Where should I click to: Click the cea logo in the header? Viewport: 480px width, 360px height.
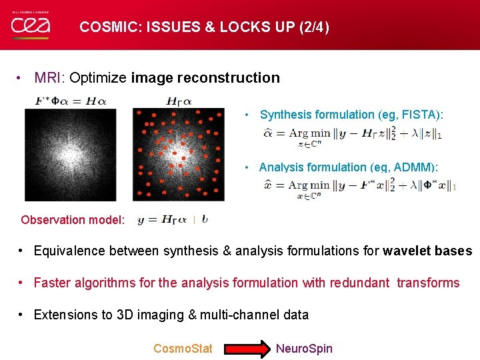(31, 25)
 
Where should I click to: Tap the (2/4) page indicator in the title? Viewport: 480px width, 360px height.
(308, 27)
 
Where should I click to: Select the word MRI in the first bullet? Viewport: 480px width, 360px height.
(48, 78)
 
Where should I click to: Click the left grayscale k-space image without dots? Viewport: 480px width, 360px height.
(70, 155)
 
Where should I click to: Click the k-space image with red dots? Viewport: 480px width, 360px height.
(179, 155)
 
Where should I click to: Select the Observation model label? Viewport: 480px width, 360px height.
(73, 220)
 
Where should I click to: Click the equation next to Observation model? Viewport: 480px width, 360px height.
(173, 220)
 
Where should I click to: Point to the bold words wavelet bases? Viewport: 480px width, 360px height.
(427, 251)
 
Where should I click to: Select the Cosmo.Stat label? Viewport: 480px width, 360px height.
(183, 348)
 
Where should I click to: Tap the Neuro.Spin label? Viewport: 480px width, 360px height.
(304, 348)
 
